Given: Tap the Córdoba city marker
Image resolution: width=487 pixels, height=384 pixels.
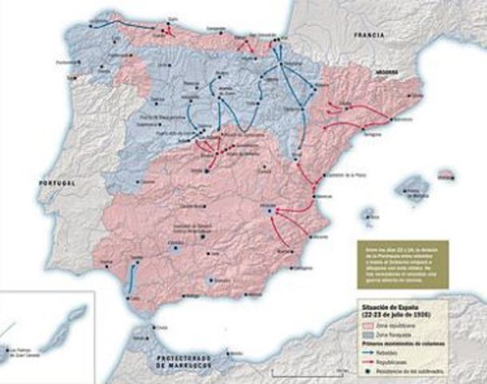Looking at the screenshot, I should tap(177, 249).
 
